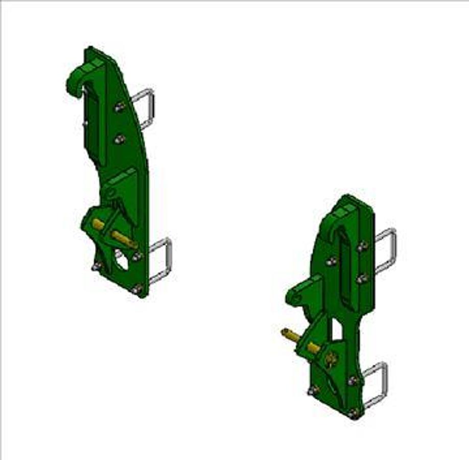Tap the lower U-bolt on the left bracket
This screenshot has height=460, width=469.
click(162, 261)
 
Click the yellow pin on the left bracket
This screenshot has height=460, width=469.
click(115, 233)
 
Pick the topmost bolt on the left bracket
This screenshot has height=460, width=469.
click(120, 107)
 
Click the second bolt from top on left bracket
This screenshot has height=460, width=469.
click(120, 139)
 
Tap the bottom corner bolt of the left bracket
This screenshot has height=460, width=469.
click(137, 290)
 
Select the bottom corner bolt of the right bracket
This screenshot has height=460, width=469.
click(354, 412)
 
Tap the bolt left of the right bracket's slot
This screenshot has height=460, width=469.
click(331, 261)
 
